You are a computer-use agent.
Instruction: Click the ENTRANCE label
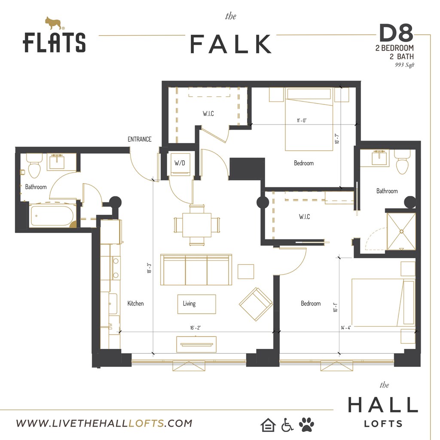coord(139,139)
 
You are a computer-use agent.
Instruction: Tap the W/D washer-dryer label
coord(180,163)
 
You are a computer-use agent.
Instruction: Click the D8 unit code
coord(396,33)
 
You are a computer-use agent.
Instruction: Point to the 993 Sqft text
coord(404,65)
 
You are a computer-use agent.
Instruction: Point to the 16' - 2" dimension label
coord(196,327)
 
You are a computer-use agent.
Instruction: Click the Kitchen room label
coord(135,303)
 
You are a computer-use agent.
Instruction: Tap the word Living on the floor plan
coord(189,303)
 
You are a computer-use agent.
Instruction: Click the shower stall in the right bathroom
coord(400,231)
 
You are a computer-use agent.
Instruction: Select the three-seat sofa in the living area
coord(196,269)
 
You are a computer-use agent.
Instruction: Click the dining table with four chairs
coord(197,225)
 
